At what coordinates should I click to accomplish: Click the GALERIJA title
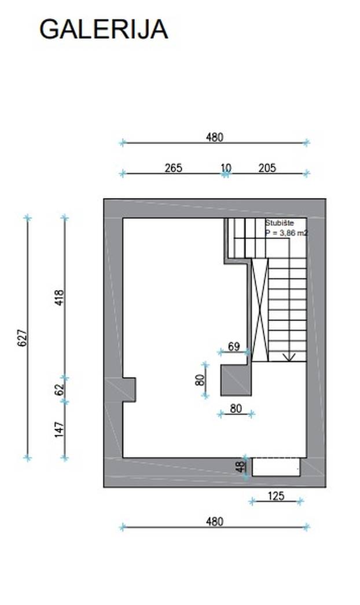coord(104,30)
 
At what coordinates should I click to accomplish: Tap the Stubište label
coord(280,223)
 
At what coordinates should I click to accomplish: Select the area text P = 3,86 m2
coord(286,233)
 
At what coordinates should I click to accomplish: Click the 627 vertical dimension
coord(23,338)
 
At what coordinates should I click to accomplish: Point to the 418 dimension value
coord(60,298)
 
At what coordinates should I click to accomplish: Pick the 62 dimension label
coord(60,390)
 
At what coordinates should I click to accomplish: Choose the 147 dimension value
coord(60,430)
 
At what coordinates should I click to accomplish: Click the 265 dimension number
coord(173,168)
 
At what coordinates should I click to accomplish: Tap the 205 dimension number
coord(267,168)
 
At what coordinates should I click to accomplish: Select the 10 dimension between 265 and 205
coord(226,168)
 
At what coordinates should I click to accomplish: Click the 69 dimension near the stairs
coord(234,346)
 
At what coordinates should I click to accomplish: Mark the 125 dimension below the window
coord(275,496)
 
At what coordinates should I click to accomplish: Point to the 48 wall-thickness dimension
coord(240,467)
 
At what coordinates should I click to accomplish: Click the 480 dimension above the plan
coord(215,137)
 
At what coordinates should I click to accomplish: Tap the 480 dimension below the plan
coord(215,522)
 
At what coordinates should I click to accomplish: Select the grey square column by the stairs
coord(236,380)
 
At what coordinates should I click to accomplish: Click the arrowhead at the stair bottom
coord(289,358)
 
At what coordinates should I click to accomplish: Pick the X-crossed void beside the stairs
coord(260,310)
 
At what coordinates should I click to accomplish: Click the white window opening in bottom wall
coord(276,467)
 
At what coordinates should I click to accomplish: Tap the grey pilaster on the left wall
coord(129,390)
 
